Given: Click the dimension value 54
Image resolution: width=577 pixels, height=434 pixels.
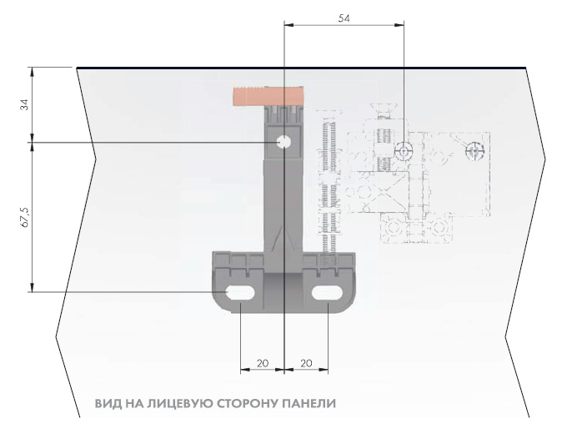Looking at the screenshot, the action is [x=344, y=16].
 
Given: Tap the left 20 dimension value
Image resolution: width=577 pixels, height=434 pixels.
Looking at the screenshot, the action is [x=262, y=363].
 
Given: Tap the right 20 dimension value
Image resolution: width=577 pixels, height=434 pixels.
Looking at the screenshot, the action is [x=305, y=363].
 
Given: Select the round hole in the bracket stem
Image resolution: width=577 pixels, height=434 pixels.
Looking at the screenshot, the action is [x=283, y=143].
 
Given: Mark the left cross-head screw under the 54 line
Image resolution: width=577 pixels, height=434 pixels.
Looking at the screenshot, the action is [x=404, y=151].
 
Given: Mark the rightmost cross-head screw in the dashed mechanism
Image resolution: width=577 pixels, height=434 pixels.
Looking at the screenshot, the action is [x=475, y=153].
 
